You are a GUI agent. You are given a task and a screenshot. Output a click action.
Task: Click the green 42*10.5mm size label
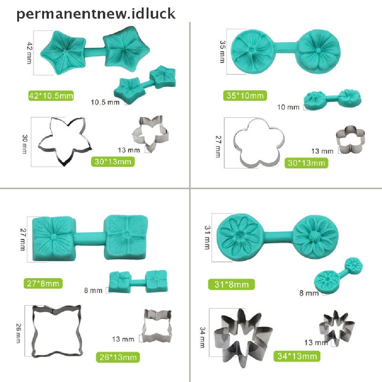pyautogui.click(x=51, y=96)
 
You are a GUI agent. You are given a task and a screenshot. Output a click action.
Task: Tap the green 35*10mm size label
pyautogui.click(x=245, y=95)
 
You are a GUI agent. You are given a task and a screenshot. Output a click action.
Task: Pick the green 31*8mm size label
pyautogui.click(x=231, y=285)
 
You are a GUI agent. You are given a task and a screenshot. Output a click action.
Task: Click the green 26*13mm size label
pyautogui.click(x=118, y=357)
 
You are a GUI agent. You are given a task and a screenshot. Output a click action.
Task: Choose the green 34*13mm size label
pyautogui.click(x=297, y=356)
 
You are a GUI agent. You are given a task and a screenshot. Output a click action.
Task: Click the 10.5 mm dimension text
pyautogui.click(x=105, y=102)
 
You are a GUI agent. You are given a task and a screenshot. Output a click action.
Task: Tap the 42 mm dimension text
pyautogui.click(x=29, y=52)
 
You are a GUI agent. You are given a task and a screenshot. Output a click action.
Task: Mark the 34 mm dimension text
pyautogui.click(x=203, y=337)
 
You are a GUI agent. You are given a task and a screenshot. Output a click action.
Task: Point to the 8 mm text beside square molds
pyautogui.click(x=93, y=290)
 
